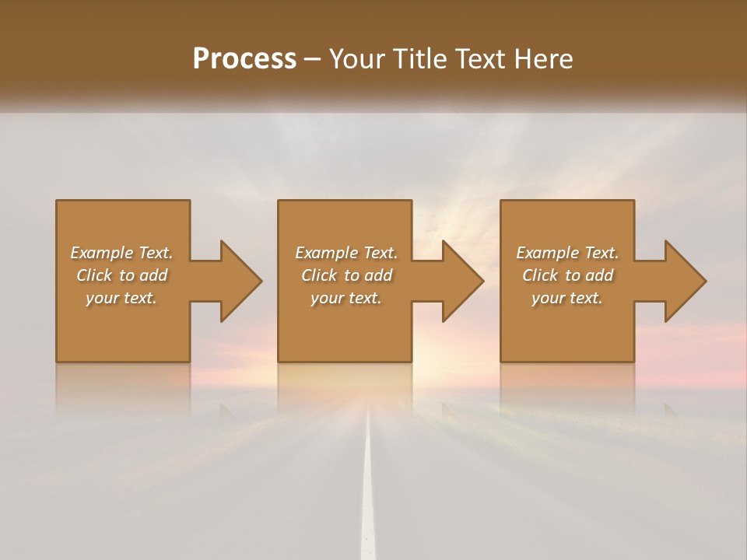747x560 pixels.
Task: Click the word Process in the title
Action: click(244, 59)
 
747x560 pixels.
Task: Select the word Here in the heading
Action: click(545, 59)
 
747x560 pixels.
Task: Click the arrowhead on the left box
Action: click(238, 281)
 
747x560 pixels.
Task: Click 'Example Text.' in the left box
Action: click(121, 253)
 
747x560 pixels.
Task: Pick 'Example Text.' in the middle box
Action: click(346, 253)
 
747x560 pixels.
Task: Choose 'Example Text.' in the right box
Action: click(567, 253)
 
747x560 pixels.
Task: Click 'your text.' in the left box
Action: click(121, 298)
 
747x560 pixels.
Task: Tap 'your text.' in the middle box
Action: click(346, 298)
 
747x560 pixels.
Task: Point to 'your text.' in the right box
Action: click(567, 298)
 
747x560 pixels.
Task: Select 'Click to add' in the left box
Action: click(121, 275)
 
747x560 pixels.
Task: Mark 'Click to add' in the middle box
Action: click(346, 275)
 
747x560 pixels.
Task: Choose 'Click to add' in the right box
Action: click(567, 275)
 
